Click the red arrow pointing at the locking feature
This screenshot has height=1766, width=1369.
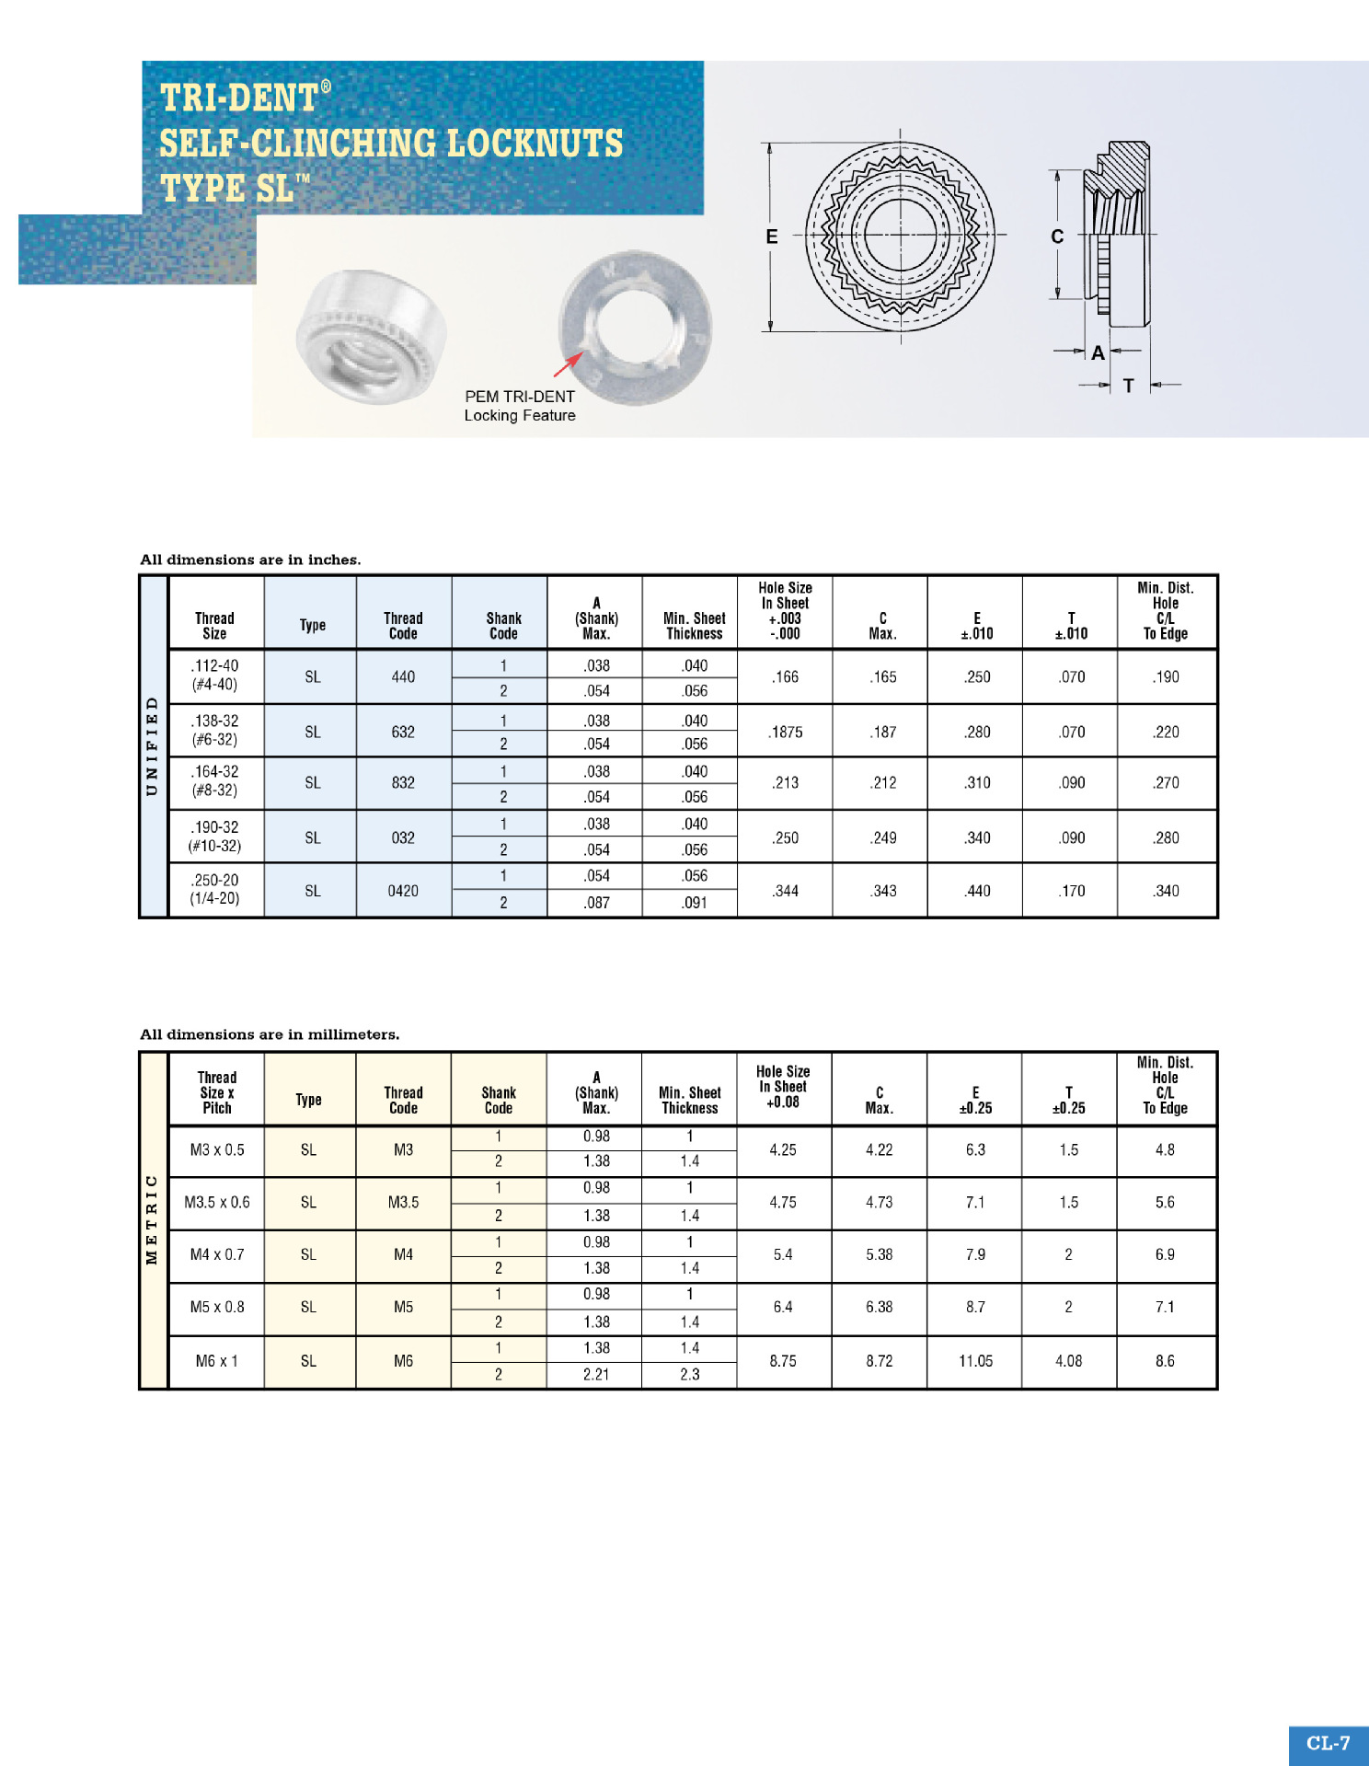(x=568, y=364)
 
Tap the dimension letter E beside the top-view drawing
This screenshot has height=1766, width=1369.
(x=772, y=237)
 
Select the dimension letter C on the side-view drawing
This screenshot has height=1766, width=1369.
(x=1057, y=237)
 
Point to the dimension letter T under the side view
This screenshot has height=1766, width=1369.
(x=1128, y=386)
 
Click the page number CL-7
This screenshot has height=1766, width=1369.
(x=1328, y=1742)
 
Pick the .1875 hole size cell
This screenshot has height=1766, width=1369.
(x=786, y=732)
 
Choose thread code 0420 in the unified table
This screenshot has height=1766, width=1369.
(x=403, y=891)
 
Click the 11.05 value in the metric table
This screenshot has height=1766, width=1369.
(x=975, y=1361)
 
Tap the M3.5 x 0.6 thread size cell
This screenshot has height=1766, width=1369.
(x=217, y=1202)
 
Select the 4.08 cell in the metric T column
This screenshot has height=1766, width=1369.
(x=1068, y=1361)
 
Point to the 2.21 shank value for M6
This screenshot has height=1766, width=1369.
(x=596, y=1374)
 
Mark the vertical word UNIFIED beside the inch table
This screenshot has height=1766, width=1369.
(x=153, y=746)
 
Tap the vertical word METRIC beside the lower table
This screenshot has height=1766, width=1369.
(x=153, y=1219)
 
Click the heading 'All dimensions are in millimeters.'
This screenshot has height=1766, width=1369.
(x=270, y=1034)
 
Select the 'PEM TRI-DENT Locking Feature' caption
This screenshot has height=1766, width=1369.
(x=520, y=406)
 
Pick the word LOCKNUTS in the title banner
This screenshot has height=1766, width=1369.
(x=535, y=144)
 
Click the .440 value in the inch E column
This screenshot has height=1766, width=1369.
(x=977, y=891)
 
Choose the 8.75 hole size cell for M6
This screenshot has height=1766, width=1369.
(x=783, y=1361)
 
